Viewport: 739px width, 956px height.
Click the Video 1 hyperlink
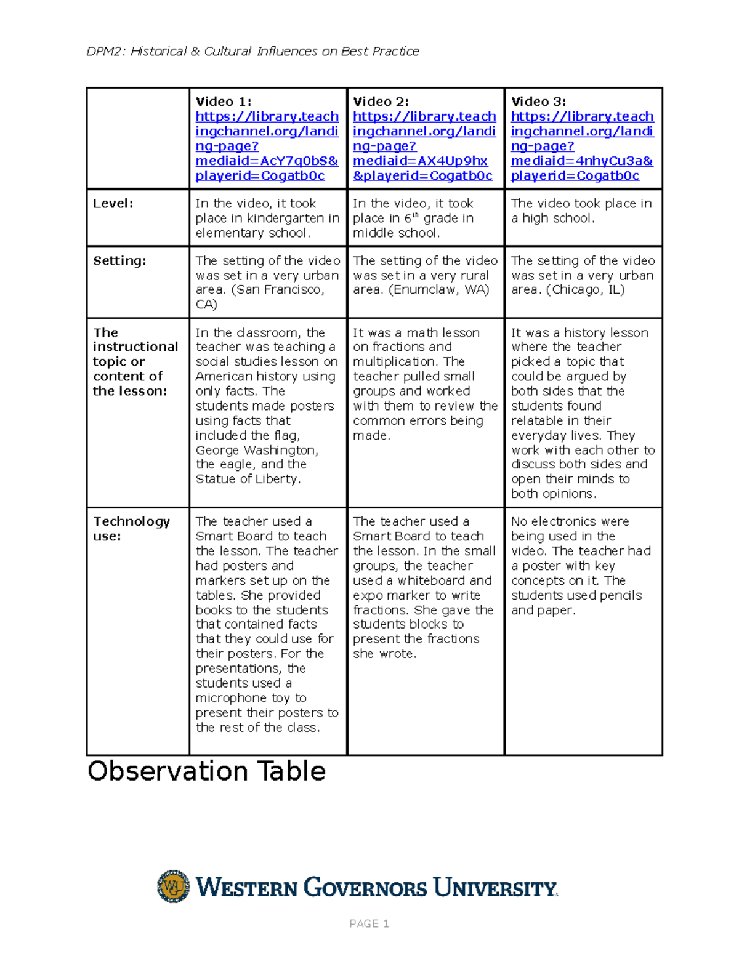tap(267, 147)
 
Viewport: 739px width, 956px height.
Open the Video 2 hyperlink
tap(424, 147)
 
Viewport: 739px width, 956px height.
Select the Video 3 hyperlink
tap(582, 147)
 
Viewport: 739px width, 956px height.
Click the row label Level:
tap(113, 204)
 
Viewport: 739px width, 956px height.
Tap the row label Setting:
tap(119, 261)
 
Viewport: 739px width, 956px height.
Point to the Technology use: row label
tap(131, 529)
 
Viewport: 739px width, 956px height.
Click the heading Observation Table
tap(206, 771)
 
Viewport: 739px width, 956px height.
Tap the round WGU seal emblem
tap(173, 886)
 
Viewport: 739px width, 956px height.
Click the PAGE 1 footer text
tap(369, 923)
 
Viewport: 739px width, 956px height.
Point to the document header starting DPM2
tap(252, 52)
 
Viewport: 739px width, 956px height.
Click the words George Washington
tap(256, 451)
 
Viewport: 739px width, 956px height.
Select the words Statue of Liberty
tap(247, 480)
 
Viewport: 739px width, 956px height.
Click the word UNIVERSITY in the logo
tap(495, 888)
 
